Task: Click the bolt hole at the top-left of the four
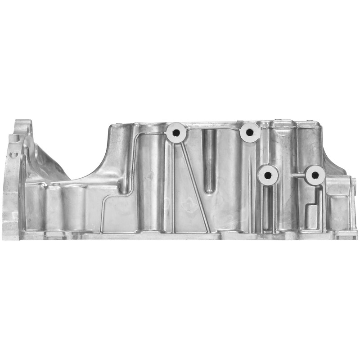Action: (175, 133)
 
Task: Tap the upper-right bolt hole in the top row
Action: (249, 132)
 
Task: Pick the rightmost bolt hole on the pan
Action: (315, 175)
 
